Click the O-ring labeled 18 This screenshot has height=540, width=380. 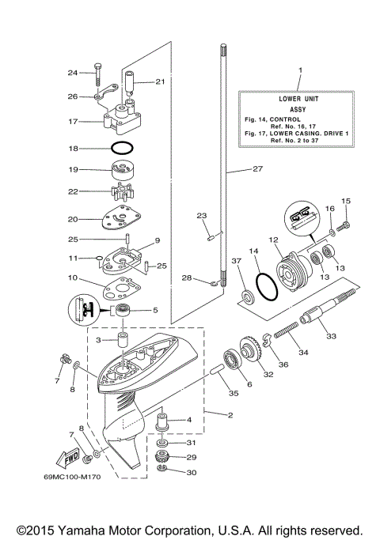point(123,148)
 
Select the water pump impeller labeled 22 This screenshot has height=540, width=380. point(123,192)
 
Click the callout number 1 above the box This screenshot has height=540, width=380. point(300,71)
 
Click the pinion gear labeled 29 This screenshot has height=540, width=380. point(165,457)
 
